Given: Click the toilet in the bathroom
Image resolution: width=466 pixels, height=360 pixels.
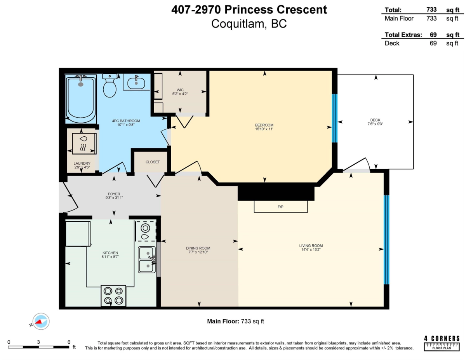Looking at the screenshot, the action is point(110,85).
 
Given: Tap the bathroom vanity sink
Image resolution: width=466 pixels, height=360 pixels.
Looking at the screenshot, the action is point(136,82).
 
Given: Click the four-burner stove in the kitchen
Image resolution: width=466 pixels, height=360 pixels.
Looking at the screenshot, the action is point(113,296).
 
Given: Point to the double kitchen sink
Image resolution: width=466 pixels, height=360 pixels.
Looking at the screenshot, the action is point(147,259).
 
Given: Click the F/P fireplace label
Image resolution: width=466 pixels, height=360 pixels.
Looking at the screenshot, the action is point(280,207).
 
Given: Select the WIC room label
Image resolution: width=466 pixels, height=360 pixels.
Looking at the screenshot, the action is point(180,90).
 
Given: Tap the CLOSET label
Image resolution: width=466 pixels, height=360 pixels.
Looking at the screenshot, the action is point(153,162).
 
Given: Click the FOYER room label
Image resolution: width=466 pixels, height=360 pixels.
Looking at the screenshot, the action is point(114,194).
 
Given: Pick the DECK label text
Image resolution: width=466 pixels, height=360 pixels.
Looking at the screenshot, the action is point(375,120).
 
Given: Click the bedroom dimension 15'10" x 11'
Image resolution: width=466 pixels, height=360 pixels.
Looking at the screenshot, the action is point(264,129).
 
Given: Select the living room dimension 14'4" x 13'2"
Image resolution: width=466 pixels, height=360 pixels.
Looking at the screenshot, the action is point(311,250).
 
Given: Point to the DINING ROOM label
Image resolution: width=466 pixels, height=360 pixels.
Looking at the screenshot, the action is point(198,248).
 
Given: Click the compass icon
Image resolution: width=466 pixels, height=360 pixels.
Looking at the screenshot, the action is point(41,321).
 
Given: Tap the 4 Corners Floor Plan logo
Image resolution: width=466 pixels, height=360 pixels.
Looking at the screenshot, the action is point(442,343).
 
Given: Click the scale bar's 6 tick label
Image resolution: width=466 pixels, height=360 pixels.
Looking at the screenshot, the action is point(69,342).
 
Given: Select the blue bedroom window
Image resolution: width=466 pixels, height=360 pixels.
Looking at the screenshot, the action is point(334,118).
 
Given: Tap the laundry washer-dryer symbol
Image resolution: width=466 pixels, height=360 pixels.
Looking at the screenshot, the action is point(84,143).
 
